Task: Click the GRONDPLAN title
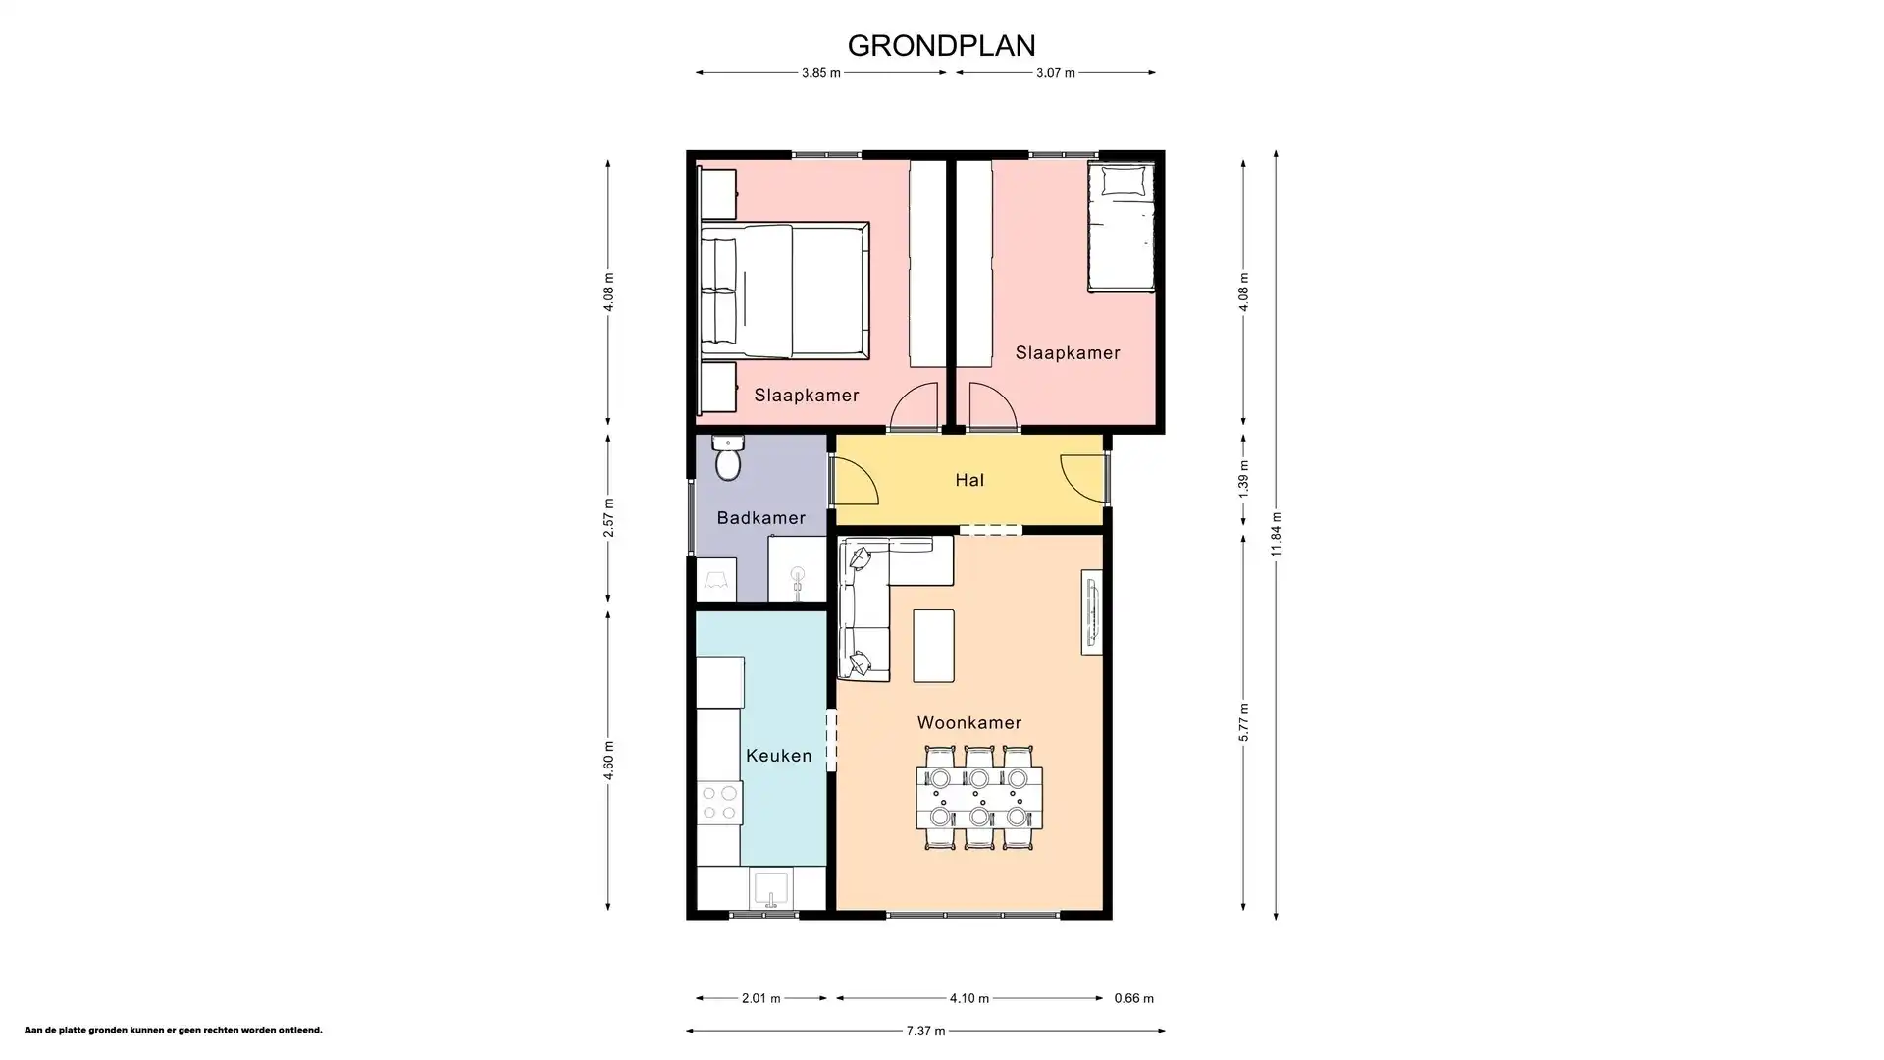point(941,46)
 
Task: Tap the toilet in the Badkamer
point(727,460)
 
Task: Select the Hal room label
point(969,480)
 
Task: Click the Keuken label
point(778,756)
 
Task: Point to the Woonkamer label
point(969,723)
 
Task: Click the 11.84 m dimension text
point(1276,534)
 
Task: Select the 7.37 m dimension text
point(925,1031)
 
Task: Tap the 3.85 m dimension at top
point(820,73)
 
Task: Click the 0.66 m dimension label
point(1133,998)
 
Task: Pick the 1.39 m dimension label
point(1243,479)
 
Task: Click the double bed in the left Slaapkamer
point(785,291)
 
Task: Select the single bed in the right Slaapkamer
point(1121,228)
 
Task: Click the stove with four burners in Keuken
point(719,803)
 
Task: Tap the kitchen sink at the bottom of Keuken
point(771,889)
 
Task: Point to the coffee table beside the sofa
point(933,645)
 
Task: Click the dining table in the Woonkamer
point(978,798)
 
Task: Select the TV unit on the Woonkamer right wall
point(1091,611)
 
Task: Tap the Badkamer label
point(760,518)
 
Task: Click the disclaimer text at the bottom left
point(173,1031)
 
